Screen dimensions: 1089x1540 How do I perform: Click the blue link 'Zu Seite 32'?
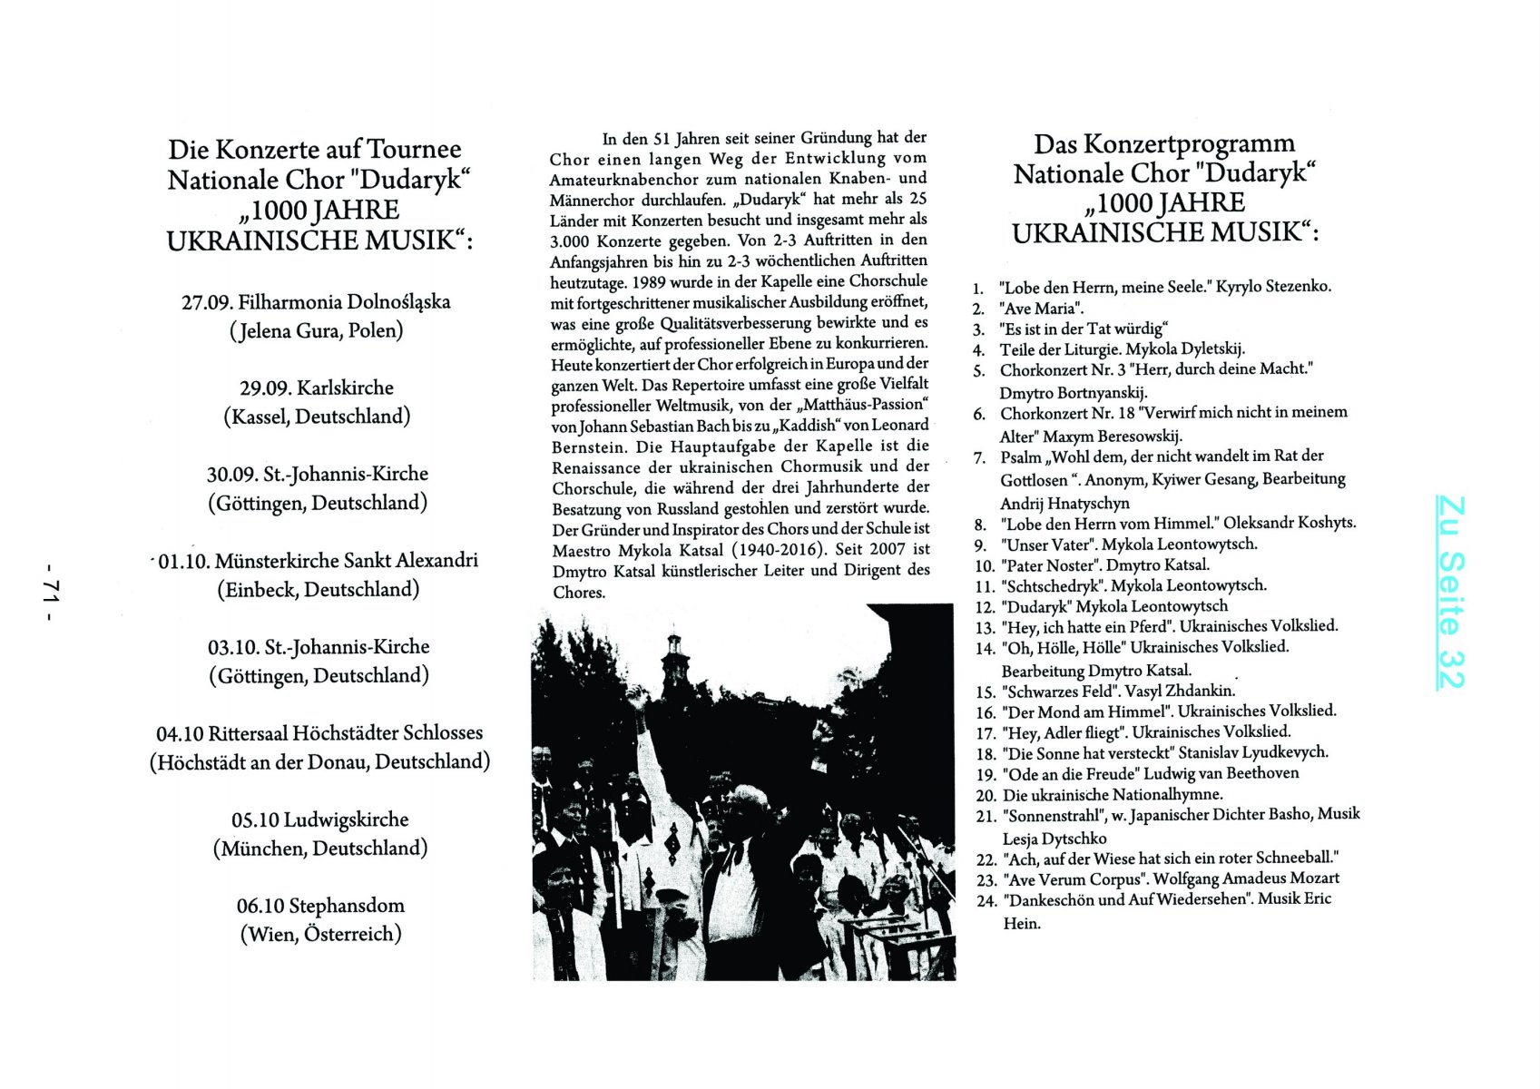click(1450, 592)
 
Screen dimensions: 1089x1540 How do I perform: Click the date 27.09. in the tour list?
click(207, 302)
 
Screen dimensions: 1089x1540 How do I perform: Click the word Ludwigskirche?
click(346, 819)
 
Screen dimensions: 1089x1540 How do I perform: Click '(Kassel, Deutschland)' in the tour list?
click(317, 417)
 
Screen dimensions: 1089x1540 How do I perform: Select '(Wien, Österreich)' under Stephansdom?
click(320, 934)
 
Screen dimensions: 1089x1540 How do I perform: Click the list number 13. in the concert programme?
click(985, 627)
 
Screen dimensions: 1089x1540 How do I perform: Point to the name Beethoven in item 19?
click(1262, 773)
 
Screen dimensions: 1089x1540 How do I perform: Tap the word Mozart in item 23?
click(1309, 878)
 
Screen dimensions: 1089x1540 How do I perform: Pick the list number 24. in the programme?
click(986, 901)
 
